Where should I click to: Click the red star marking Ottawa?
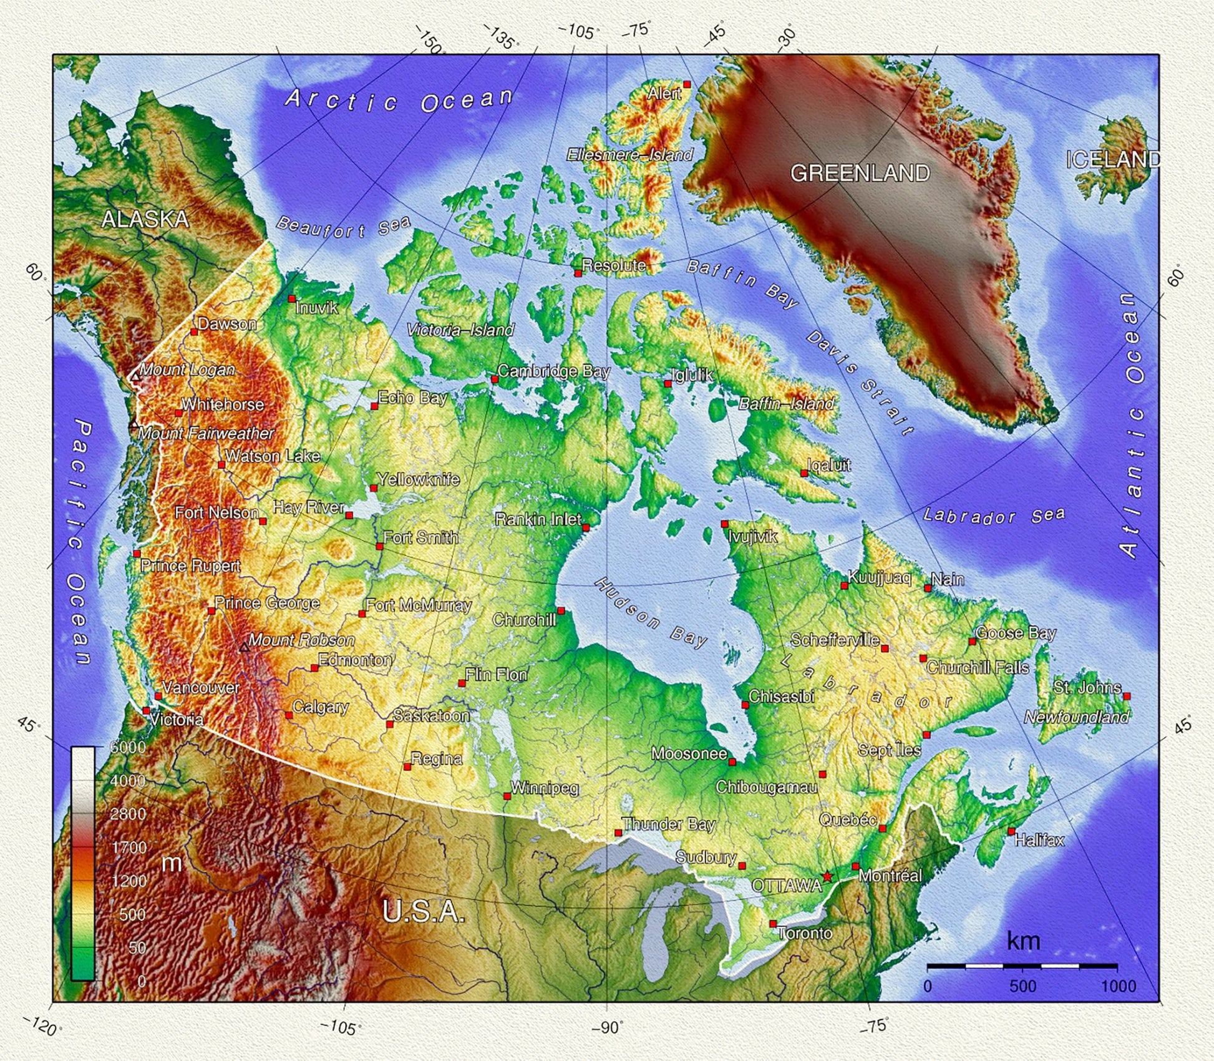827,876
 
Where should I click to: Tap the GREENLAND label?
860,173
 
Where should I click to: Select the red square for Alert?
687,84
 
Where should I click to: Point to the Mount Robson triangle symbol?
245,648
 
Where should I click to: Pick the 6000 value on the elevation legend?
127,747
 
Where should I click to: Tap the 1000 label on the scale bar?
1118,986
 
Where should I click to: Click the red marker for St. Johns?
1127,696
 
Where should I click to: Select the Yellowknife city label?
419,479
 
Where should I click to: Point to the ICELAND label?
1112,160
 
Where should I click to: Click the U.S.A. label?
424,912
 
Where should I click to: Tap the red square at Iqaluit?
804,473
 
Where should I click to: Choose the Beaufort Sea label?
343,227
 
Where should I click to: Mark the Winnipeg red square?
507,796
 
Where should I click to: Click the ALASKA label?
145,219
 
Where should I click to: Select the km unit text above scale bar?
1023,941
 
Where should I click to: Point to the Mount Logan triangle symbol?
135,376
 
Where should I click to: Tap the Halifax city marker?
1011,831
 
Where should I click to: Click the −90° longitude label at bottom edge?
607,1027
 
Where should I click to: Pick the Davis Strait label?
860,383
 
